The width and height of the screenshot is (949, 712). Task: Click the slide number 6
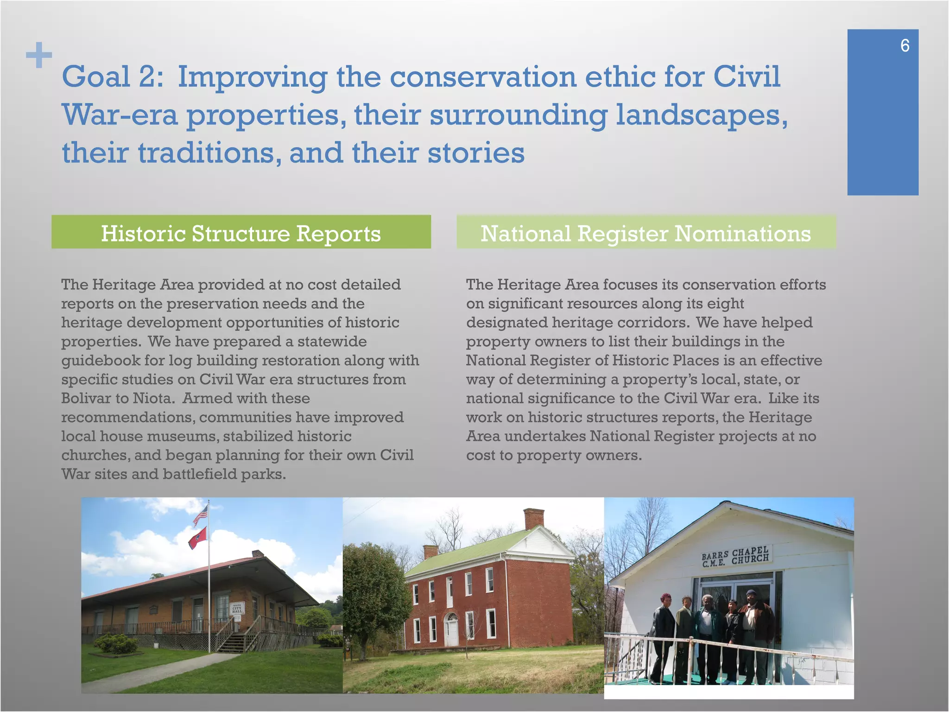click(905, 45)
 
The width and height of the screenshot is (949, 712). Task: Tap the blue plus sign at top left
click(39, 55)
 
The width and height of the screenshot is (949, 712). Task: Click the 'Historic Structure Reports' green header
click(241, 233)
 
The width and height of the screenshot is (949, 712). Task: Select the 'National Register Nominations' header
click(646, 233)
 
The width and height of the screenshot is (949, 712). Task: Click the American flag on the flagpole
click(200, 515)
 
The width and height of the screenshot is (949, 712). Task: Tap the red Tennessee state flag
click(198, 538)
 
